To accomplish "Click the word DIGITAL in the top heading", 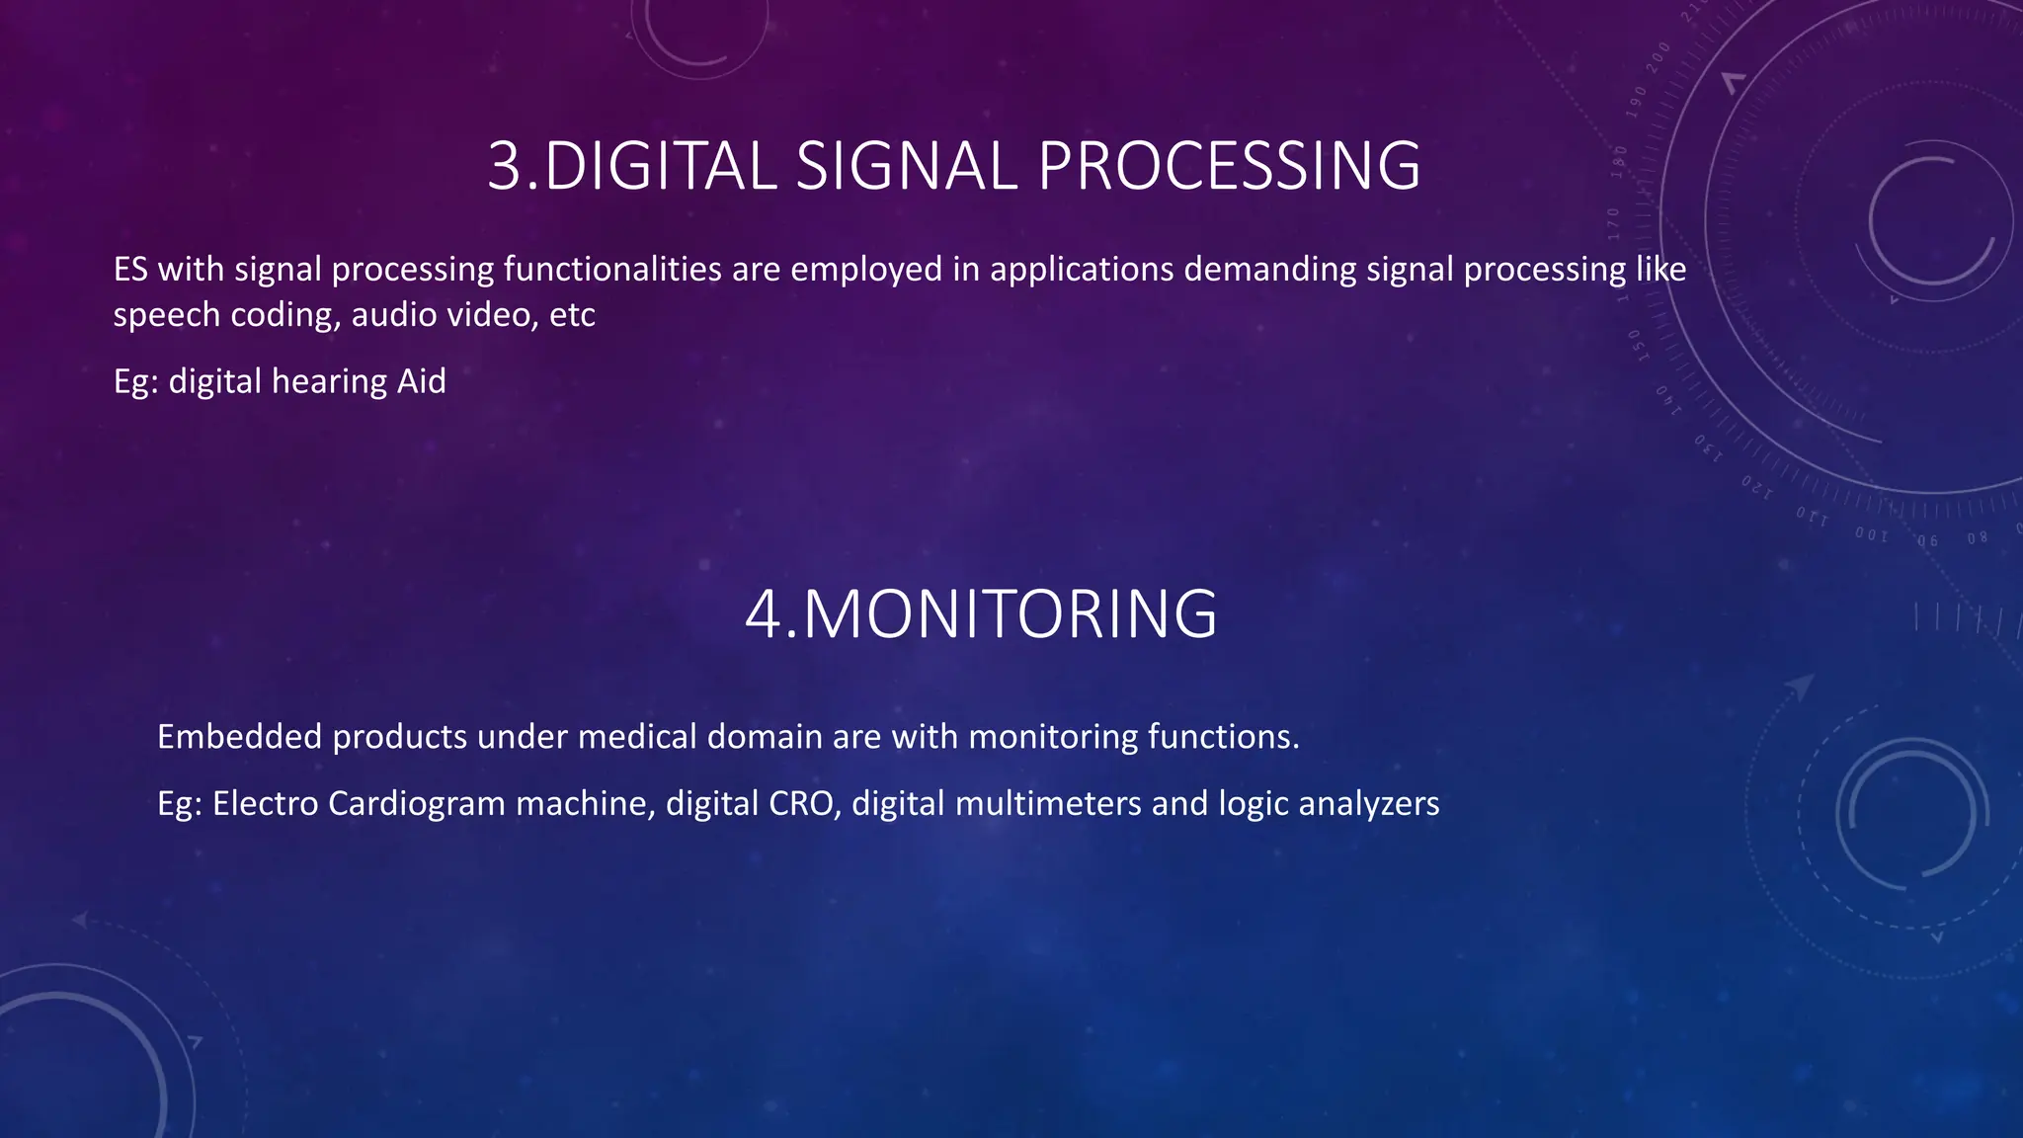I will (x=660, y=166).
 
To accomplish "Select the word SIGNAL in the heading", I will (x=906, y=166).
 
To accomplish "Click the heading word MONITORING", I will (x=1010, y=614).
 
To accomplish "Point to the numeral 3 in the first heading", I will (x=504, y=166).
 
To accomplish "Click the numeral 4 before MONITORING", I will (x=764, y=614).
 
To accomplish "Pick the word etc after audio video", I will (x=572, y=315).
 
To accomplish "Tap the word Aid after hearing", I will (x=422, y=381).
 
